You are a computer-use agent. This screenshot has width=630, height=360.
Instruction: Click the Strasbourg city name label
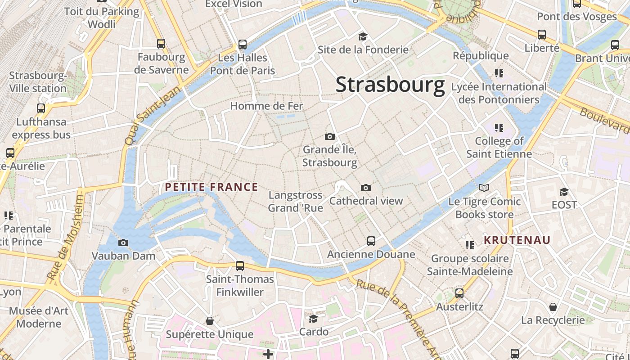point(390,85)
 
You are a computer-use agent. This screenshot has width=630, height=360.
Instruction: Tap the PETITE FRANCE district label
point(211,187)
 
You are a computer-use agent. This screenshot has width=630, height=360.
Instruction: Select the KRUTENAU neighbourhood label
point(517,240)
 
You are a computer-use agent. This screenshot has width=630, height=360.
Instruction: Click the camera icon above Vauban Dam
point(123,243)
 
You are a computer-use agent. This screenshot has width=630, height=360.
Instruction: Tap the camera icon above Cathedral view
point(366,188)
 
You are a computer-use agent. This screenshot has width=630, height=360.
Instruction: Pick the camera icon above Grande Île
point(330,136)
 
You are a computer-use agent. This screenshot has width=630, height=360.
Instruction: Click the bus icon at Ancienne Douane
point(371,241)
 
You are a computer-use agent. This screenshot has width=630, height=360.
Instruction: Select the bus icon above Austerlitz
point(459,293)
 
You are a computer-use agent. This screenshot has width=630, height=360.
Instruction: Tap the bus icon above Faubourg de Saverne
point(161,44)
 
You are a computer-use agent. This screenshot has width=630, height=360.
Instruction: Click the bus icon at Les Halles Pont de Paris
point(243,45)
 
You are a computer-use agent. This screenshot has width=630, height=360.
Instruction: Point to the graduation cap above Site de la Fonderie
point(363,36)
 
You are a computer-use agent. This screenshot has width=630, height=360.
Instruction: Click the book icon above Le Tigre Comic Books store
point(484,188)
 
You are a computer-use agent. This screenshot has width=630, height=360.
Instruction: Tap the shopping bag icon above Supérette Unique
point(209,321)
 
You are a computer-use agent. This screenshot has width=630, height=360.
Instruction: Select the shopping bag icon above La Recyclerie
point(553,307)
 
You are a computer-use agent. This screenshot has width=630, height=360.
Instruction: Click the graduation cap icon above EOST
point(564,192)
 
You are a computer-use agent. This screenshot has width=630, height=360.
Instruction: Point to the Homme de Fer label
point(267,106)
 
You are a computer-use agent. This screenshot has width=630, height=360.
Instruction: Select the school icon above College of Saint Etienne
point(499,128)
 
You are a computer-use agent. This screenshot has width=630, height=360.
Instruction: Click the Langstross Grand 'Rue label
point(296,202)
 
